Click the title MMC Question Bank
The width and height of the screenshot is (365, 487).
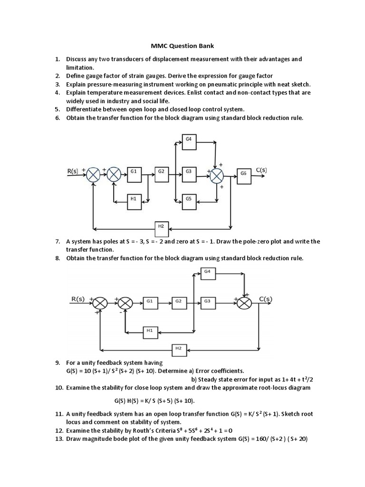[182, 47]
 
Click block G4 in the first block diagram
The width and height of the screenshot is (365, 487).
[189, 139]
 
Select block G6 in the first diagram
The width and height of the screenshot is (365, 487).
[243, 174]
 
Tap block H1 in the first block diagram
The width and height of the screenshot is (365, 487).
[134, 199]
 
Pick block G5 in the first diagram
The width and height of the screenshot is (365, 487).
[189, 198]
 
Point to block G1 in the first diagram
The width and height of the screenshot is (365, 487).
[134, 171]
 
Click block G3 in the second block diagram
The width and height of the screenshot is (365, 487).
[207, 302]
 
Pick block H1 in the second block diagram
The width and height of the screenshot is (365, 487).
[150, 330]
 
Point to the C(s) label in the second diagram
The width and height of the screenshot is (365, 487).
[266, 299]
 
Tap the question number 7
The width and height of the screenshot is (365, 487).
[57, 242]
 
